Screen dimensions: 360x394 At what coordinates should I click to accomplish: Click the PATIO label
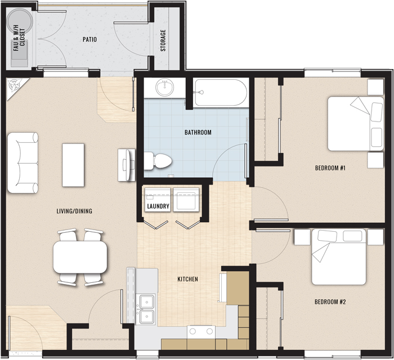pyautogui.click(x=89, y=40)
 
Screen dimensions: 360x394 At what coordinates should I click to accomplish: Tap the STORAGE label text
pyautogui.click(x=163, y=40)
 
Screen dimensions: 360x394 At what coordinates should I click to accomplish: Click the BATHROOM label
pyautogui.click(x=198, y=133)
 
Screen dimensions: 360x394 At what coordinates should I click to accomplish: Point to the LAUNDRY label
pyautogui.click(x=158, y=206)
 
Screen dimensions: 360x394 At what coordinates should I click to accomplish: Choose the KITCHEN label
pyautogui.click(x=187, y=279)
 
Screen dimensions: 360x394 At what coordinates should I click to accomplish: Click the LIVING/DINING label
pyautogui.click(x=74, y=211)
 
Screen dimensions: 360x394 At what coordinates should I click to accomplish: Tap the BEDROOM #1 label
pyautogui.click(x=330, y=168)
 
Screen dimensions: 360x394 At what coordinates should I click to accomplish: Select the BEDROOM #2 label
pyautogui.click(x=330, y=302)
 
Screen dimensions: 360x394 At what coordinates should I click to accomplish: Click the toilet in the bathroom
pyautogui.click(x=157, y=161)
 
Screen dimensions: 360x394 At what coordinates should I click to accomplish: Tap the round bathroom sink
pyautogui.click(x=165, y=88)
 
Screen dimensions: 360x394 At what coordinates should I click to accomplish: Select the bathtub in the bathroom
pyautogui.click(x=220, y=93)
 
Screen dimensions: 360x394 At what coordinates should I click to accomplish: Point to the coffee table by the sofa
pyautogui.click(x=73, y=165)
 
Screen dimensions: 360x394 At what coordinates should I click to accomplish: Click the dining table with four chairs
pyautogui.click(x=80, y=256)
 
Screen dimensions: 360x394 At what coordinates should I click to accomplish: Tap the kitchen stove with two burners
pyautogui.click(x=201, y=331)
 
